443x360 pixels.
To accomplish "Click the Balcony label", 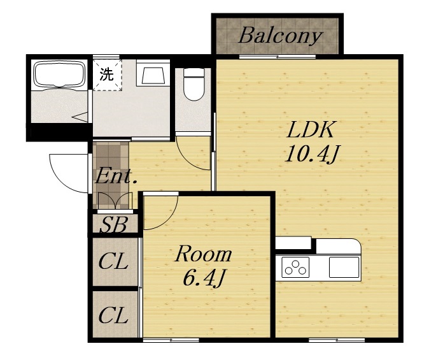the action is tap(280, 36).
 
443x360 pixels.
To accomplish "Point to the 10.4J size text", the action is tap(313, 154).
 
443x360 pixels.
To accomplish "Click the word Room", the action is tap(204, 254).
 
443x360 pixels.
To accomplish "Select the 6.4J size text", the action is tap(204, 277).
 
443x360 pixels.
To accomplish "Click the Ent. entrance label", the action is tap(116, 176).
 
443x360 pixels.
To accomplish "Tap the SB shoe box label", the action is tap(113, 224).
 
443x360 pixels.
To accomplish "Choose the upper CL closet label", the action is tap(113, 261).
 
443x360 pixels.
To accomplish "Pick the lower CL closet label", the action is tap(113, 315).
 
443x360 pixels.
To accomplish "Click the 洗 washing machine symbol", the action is tap(106, 75).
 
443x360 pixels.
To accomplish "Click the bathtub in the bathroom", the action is tap(59, 75).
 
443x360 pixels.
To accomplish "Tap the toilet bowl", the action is tap(193, 84).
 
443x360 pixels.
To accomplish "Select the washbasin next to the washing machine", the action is tap(153, 73).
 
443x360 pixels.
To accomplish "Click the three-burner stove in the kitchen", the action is tap(295, 267).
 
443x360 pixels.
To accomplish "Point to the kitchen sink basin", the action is tap(344, 267).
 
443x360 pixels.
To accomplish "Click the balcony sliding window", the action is tap(278, 57).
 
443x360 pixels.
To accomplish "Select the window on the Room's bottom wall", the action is tap(171, 340).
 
